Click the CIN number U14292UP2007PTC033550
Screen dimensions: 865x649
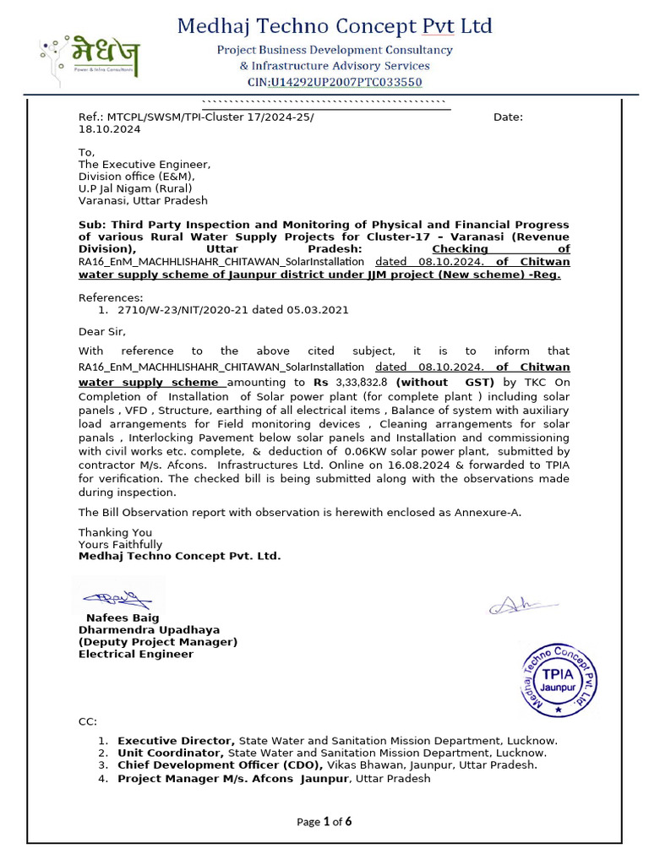point(346,82)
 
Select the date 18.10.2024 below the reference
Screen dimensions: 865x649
point(110,129)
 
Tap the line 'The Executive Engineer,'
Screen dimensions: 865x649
point(145,165)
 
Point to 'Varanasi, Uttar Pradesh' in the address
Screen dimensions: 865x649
point(143,201)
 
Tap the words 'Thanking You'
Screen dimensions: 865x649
point(116,532)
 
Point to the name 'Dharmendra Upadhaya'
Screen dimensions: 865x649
point(150,630)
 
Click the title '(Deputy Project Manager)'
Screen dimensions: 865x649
point(158,642)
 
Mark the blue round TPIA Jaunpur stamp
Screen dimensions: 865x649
point(559,679)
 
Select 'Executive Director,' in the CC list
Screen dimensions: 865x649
point(176,741)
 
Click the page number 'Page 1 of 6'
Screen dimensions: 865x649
point(324,822)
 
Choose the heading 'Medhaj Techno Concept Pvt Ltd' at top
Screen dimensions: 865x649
point(335,27)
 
